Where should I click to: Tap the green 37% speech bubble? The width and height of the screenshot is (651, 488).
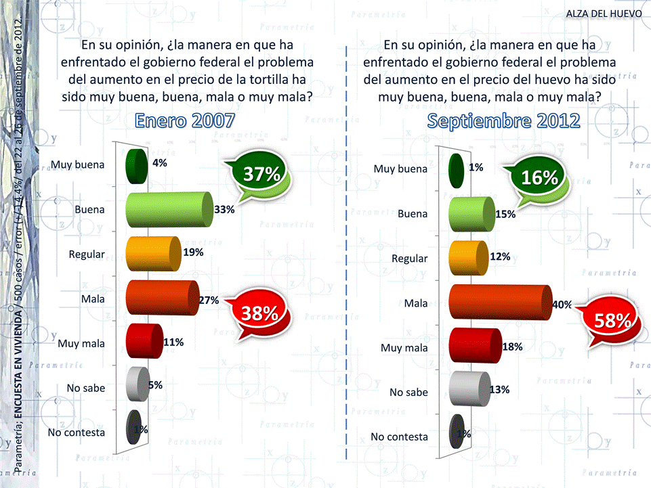click(262, 174)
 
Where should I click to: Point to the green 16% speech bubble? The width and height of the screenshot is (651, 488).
click(539, 178)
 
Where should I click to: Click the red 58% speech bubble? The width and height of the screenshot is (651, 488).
click(614, 321)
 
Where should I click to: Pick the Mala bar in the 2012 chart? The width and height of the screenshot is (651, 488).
click(500, 303)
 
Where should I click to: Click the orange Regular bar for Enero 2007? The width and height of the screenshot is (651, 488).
click(152, 254)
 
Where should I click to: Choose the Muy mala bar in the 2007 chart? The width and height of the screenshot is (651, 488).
click(144, 342)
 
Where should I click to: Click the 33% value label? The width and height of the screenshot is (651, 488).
click(224, 210)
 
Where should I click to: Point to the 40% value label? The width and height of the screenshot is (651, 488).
click(562, 305)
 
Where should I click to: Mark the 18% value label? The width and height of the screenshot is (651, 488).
click(512, 347)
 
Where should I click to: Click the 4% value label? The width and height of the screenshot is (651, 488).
click(160, 163)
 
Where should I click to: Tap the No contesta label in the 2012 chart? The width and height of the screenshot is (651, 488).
click(399, 437)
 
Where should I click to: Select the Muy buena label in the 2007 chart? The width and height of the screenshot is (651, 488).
click(78, 164)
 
